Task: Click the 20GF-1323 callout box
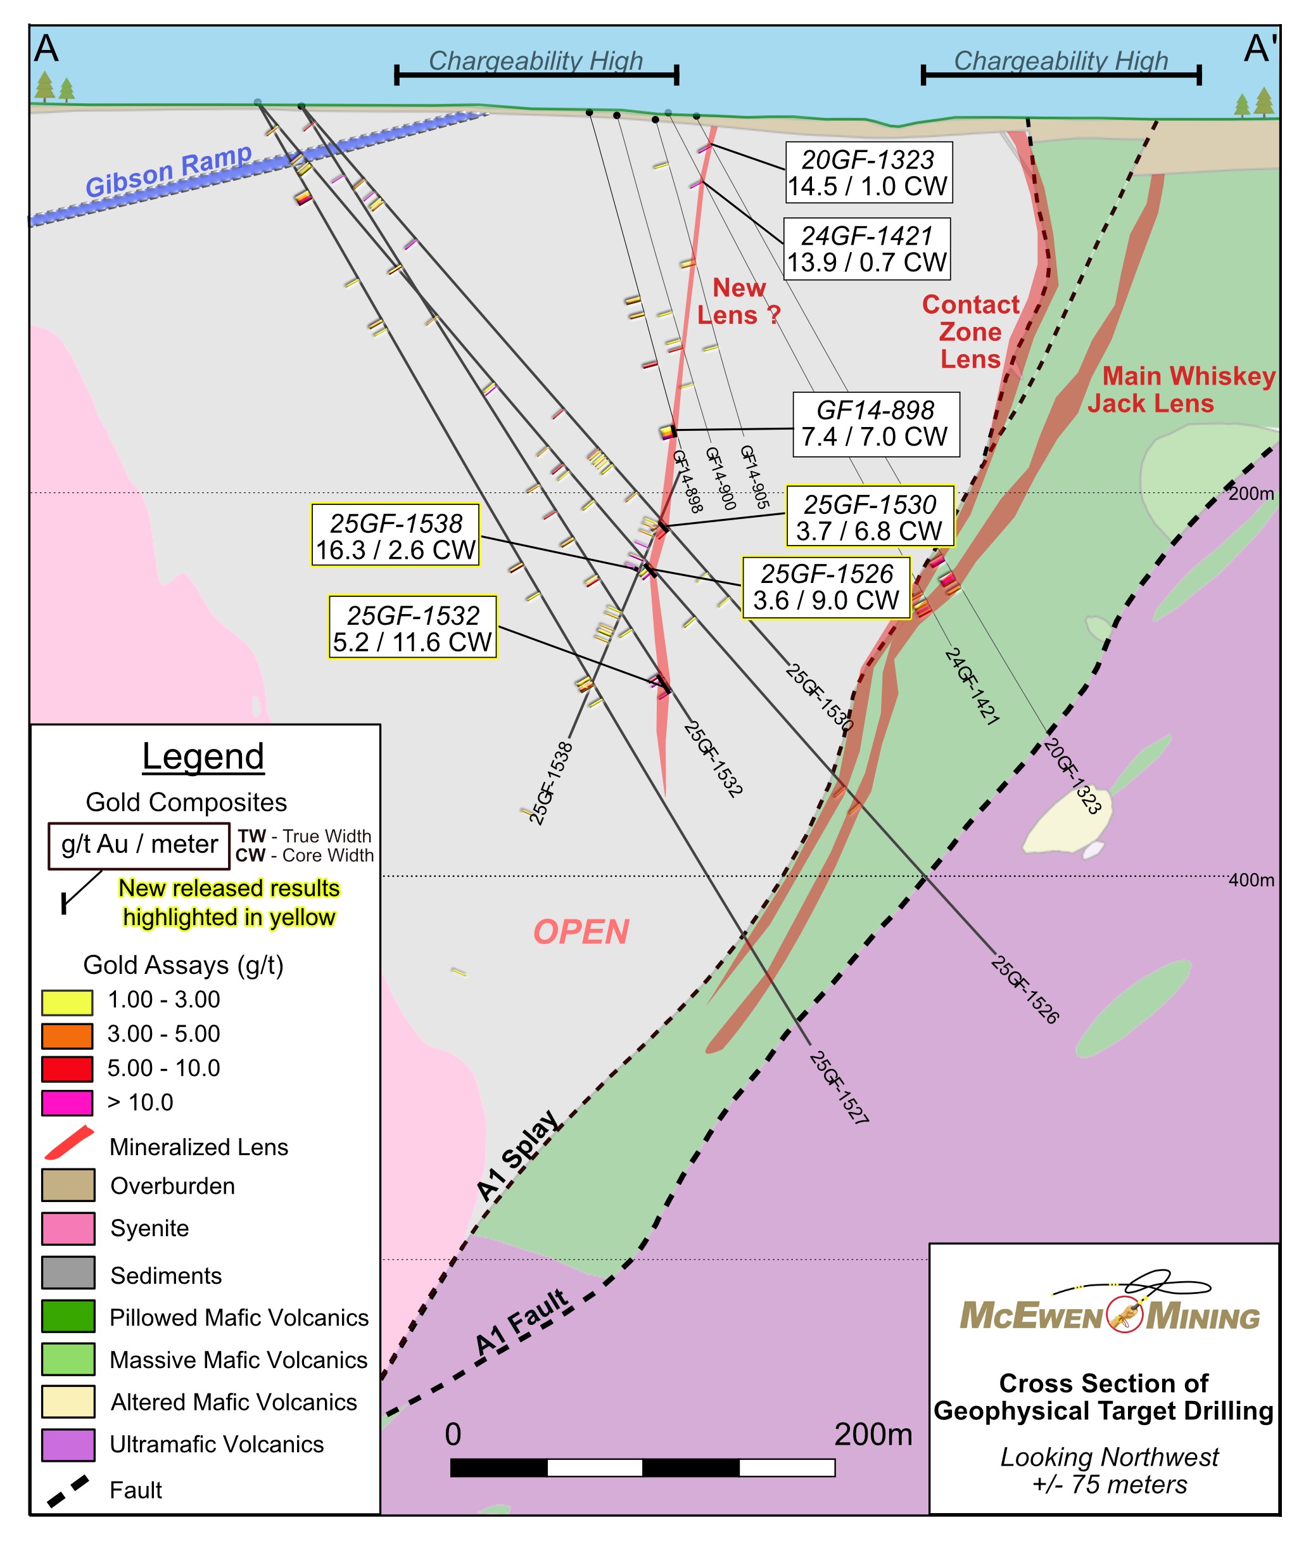868,172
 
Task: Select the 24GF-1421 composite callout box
866,249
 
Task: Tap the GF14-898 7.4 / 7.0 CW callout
875,423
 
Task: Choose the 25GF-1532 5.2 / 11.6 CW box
412,627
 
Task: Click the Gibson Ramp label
168,171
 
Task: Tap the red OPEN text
581,933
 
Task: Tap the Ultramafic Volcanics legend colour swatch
68,1445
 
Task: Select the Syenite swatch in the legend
68,1228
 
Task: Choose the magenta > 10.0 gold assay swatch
67,1103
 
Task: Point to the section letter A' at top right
1259,49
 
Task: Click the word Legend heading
203,757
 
